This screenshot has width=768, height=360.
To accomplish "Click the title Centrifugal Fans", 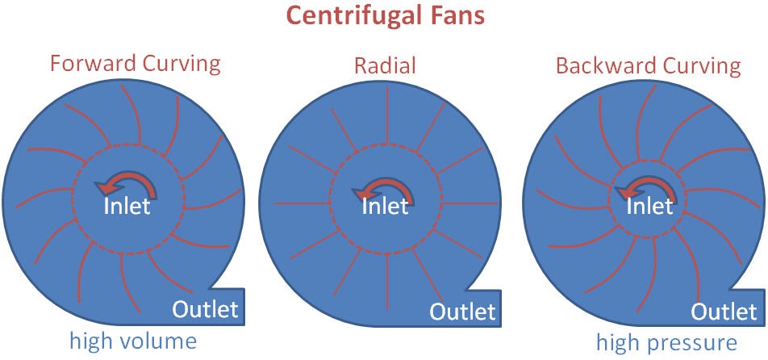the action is coord(385,15).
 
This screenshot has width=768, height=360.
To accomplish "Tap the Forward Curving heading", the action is coord(136,64).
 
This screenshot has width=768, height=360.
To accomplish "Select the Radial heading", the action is coord(385,65).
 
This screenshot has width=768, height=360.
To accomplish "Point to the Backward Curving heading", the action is coord(649,65).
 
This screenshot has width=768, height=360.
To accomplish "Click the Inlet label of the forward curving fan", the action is coord(127,206).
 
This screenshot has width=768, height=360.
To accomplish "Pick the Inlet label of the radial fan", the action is coord(385,206).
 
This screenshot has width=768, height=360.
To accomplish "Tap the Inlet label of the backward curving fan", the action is coord(649,206).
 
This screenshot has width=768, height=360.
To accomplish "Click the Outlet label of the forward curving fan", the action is coord(205,309).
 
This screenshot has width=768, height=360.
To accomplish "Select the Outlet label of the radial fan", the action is coord(463,312).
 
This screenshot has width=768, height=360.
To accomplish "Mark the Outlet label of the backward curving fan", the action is coord(724,312).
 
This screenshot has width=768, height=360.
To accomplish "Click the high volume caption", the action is coord(133,341).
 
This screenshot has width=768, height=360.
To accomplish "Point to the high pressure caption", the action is coord(666,342).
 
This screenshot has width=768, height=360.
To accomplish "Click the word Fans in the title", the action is coord(454,15).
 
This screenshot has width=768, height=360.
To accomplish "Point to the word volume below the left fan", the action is coord(158,341).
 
